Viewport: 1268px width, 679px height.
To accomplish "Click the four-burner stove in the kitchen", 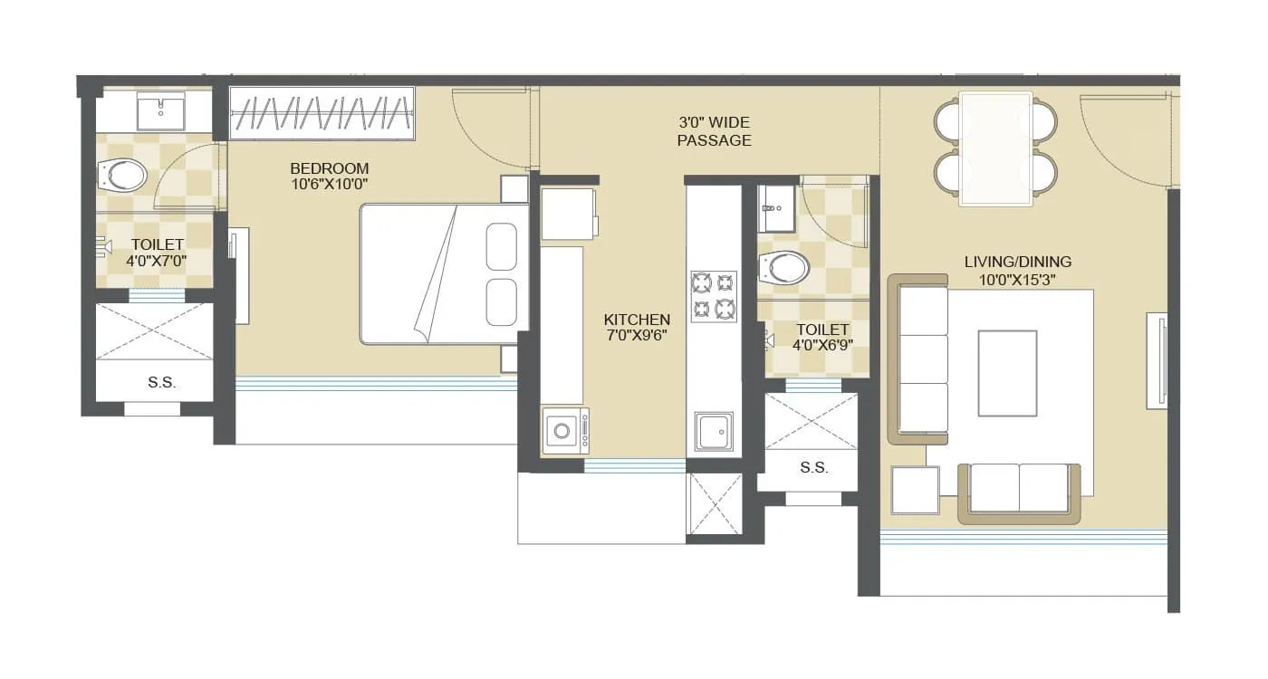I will pyautogui.click(x=714, y=296).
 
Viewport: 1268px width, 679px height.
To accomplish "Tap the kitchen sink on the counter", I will pyautogui.click(x=715, y=431).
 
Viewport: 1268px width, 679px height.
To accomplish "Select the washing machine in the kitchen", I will pyautogui.click(x=565, y=430).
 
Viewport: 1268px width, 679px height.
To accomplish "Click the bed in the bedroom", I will pyautogui.click(x=444, y=274).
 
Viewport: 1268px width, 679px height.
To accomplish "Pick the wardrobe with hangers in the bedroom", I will pyautogui.click(x=322, y=114).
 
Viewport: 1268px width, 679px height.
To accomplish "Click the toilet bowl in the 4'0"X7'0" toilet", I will pyautogui.click(x=123, y=175).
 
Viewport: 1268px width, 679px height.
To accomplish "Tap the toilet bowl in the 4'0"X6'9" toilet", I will pyautogui.click(x=785, y=267).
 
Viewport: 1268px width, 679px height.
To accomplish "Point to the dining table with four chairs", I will pyautogui.click(x=995, y=148).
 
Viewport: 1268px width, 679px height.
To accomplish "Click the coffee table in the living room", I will pyautogui.click(x=1007, y=373).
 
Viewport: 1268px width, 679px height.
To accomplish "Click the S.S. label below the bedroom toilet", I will pyautogui.click(x=161, y=383).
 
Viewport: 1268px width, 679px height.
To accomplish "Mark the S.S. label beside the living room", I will pyautogui.click(x=813, y=468).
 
